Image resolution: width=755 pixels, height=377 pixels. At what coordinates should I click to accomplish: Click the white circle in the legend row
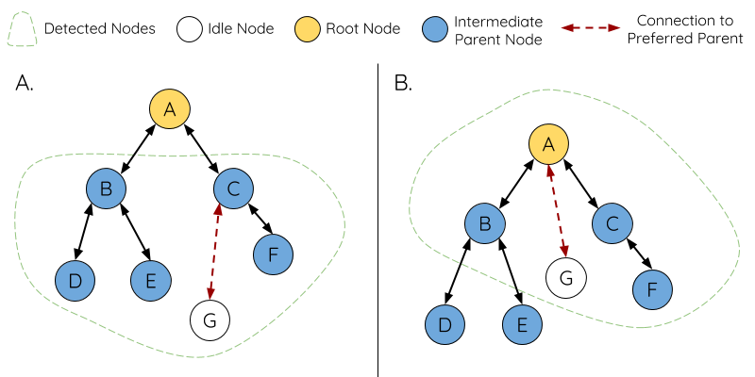190,29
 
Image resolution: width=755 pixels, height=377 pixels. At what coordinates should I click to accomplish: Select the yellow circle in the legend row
308,29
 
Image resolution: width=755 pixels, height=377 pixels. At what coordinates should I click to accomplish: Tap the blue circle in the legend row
435,29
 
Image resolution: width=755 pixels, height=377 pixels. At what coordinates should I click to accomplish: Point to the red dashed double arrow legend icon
590,28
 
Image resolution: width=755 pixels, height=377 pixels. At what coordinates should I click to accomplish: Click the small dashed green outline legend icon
22,29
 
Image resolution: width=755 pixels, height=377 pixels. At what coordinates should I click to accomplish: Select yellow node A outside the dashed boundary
170,109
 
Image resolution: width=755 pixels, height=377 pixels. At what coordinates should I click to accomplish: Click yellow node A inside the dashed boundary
548,144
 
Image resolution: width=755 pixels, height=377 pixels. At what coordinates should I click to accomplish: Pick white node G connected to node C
210,320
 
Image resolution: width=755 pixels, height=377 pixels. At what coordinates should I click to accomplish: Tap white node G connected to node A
566,278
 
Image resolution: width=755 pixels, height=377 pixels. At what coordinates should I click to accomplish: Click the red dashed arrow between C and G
214,252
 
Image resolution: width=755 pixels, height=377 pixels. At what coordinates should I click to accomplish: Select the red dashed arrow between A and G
558,210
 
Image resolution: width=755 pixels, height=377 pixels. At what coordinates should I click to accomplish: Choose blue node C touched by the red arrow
233,189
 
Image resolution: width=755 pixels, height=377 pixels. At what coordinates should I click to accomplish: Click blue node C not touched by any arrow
612,223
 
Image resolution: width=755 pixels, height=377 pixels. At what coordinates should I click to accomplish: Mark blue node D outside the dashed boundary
445,325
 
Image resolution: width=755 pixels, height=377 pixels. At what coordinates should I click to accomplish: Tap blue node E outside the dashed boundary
522,325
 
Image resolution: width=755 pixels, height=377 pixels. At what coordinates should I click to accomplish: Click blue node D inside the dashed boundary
75,280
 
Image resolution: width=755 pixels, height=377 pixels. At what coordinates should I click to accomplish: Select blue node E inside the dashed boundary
150,280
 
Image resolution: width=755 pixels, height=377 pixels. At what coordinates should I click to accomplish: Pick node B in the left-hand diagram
106,189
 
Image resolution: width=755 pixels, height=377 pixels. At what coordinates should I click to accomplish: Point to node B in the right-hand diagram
485,223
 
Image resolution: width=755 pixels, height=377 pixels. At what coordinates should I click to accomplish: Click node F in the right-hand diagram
652,289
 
